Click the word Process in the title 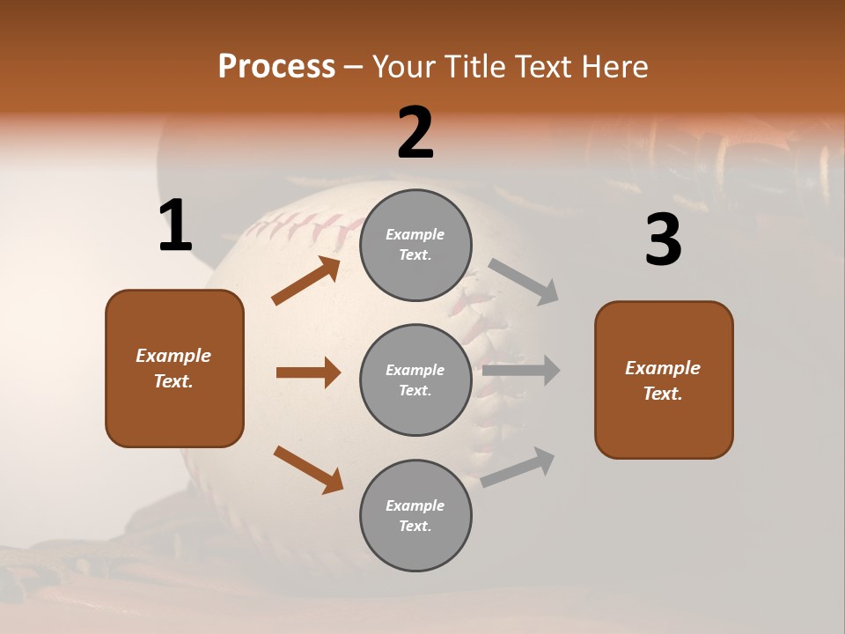point(276,66)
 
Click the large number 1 point(175,226)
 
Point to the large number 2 point(415,133)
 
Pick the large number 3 point(663,240)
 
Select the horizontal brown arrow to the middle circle point(308,372)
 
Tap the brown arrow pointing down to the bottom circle point(308,468)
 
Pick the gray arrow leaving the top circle point(524,281)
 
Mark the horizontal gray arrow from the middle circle point(521,371)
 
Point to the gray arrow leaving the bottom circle point(518,467)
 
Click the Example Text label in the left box point(174,368)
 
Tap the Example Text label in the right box point(663,380)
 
